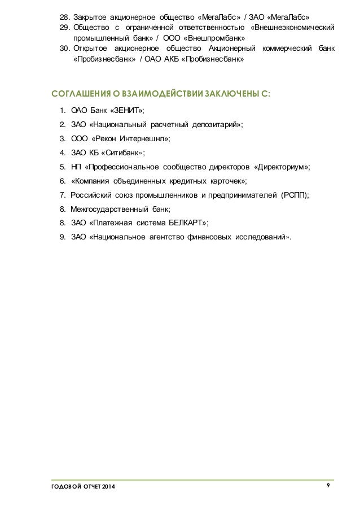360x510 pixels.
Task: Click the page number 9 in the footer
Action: tap(328, 486)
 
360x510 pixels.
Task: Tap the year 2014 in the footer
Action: tap(110, 487)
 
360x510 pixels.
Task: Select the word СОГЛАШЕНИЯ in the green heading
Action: tap(78, 93)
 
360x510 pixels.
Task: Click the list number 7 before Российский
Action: tap(62, 195)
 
